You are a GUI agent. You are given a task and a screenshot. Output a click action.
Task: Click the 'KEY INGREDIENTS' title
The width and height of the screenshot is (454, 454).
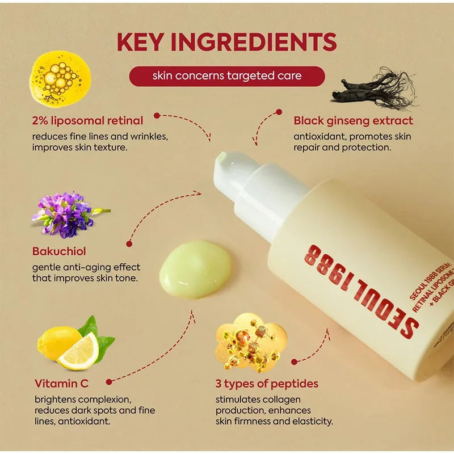[x=227, y=43]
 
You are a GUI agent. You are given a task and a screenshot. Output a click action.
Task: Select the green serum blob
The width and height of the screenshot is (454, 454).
[x=196, y=268]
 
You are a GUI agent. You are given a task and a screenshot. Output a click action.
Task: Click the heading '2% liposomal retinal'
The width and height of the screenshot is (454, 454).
[x=87, y=120]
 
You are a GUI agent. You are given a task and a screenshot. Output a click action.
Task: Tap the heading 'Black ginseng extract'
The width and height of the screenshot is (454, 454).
[x=353, y=120]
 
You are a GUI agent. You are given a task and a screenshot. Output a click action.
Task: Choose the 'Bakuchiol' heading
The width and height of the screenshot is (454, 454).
[x=59, y=251]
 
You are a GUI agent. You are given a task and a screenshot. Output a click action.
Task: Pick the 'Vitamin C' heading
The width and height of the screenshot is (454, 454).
[x=61, y=384]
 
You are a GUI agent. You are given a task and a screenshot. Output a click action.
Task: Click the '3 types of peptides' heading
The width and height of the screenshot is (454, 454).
[x=267, y=384]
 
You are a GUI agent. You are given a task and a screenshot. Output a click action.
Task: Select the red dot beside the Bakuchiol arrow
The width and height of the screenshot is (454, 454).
[x=129, y=243]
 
